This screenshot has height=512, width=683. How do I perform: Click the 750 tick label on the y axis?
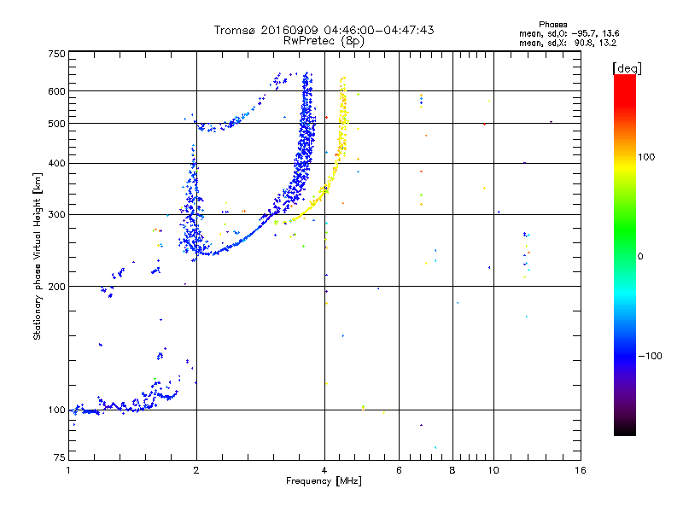coord(56,54)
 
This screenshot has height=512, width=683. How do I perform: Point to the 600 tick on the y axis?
coord(56,90)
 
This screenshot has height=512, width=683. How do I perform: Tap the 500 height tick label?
coord(56,123)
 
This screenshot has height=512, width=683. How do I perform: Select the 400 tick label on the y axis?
coord(56,163)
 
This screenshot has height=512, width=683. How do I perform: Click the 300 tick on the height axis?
coord(56,214)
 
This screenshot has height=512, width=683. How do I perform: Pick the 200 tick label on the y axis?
coord(56,286)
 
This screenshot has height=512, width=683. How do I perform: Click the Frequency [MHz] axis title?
coord(324,482)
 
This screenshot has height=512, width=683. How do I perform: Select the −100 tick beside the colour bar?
coord(651,355)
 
